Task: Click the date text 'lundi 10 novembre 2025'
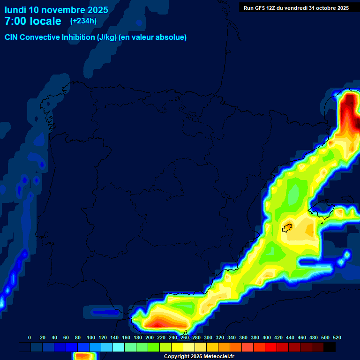pyautogui.click(x=56, y=10)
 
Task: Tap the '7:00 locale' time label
pyautogui.click(x=33, y=21)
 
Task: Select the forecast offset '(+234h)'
pyautogui.click(x=83, y=21)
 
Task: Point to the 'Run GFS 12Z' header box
pyautogui.click(x=296, y=7)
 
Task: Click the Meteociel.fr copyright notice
pyautogui.click(x=199, y=357)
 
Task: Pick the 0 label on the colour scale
pyautogui.click(x=30, y=337)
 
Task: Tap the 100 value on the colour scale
pyautogui.click(x=91, y=337)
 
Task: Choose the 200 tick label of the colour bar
pyautogui.click(x=150, y=337)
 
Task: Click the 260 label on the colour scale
pyautogui.click(x=185, y=337)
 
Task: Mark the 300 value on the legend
pyautogui.click(x=208, y=337)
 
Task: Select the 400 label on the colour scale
pyautogui.click(x=267, y=337)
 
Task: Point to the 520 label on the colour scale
pyautogui.click(x=337, y=337)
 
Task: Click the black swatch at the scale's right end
pyautogui.click(x=330, y=347)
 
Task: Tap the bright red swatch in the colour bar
pyautogui.click(x=271, y=347)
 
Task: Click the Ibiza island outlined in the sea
pyautogui.click(x=287, y=228)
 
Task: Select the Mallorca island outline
pyautogui.click(x=326, y=211)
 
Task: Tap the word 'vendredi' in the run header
pyautogui.click(x=295, y=7)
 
